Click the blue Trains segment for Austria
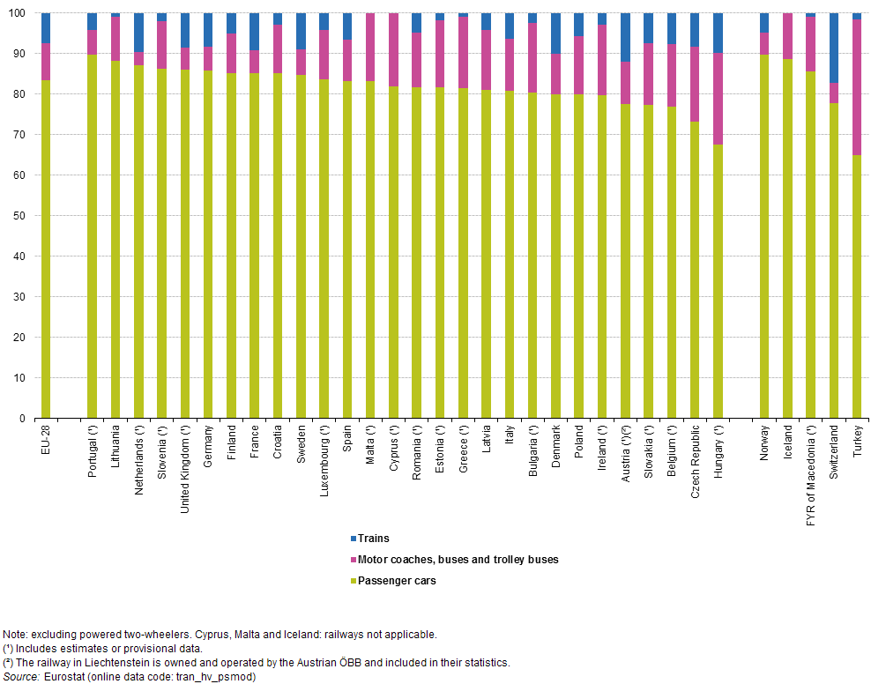coord(626,37)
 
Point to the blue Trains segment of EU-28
coord(46,28)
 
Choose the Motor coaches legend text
coord(459,560)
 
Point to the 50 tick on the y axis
coord(25,216)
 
